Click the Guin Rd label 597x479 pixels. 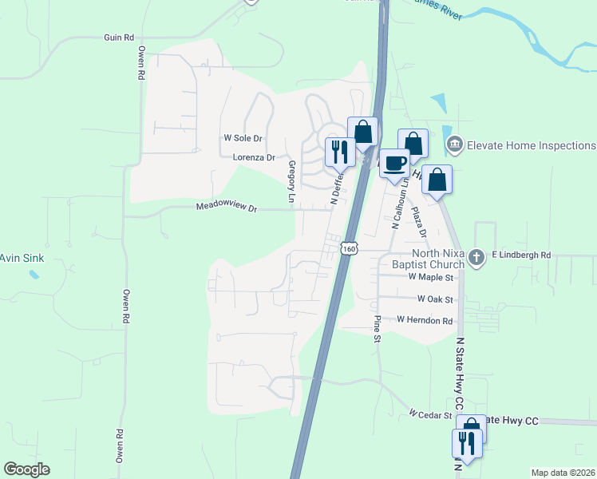pyautogui.click(x=118, y=38)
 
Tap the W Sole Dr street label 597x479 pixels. pyautogui.click(x=243, y=137)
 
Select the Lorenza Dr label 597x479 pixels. pyautogui.click(x=254, y=158)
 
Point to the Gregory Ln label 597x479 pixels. pyautogui.click(x=291, y=180)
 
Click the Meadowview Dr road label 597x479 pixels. pyautogui.click(x=227, y=208)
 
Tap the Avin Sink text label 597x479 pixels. pyautogui.click(x=20, y=258)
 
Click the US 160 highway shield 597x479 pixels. pyautogui.click(x=349, y=249)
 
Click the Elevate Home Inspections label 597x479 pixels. pyautogui.click(x=531, y=145)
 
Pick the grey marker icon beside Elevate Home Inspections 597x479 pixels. pyautogui.click(x=455, y=144)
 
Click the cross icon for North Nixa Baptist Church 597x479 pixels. pyautogui.click(x=476, y=256)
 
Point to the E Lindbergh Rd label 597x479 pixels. pyautogui.click(x=521, y=255)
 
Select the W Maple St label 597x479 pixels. pyautogui.click(x=430, y=278)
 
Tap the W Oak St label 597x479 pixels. pyautogui.click(x=435, y=299)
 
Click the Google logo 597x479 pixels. pyautogui.click(x=26, y=469)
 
